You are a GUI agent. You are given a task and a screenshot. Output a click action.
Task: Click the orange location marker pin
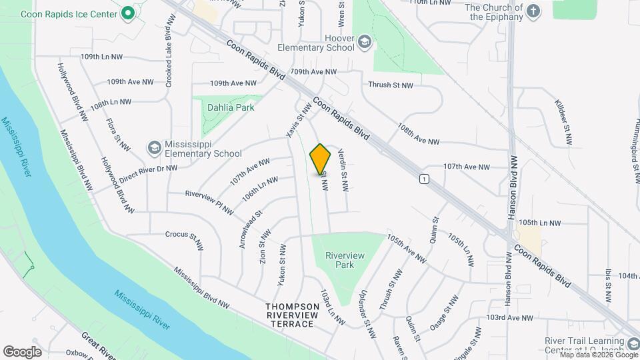(x=321, y=159)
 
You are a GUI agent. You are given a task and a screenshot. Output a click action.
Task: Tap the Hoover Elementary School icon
(x=365, y=43)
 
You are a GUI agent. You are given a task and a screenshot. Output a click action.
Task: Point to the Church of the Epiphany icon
(x=533, y=11)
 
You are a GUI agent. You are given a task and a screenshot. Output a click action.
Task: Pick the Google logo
(x=22, y=351)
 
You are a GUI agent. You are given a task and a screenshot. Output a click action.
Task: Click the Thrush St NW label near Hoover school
(x=391, y=85)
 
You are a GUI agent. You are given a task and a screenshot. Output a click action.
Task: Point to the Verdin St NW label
(x=344, y=171)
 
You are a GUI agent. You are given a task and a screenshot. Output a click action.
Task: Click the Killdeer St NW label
(x=563, y=123)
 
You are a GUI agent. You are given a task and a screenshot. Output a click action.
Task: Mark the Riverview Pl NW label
(x=209, y=202)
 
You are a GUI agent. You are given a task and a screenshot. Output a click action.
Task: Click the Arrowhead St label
(x=250, y=229)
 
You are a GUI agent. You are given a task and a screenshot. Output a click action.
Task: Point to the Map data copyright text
(x=599, y=354)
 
